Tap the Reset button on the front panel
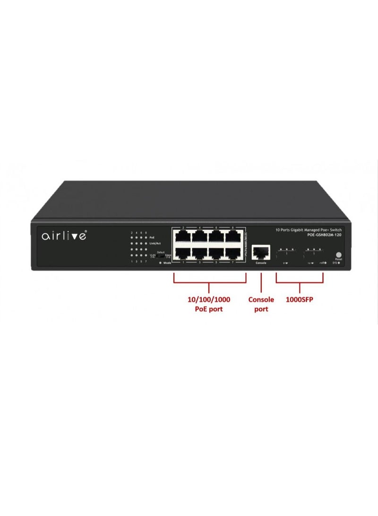click(338, 254)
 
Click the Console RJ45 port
click(261, 251)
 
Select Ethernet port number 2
click(182, 236)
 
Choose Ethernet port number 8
click(234, 236)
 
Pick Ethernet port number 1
click(182, 252)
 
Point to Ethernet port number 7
click(234, 252)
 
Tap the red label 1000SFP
click(299, 299)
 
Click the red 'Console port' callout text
click(261, 304)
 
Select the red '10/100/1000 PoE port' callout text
click(209, 304)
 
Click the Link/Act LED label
click(155, 243)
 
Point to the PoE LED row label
click(152, 237)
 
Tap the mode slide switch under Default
click(161, 256)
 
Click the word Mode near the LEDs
click(167, 262)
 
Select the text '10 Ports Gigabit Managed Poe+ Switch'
click(309, 230)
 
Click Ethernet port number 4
click(200, 236)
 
